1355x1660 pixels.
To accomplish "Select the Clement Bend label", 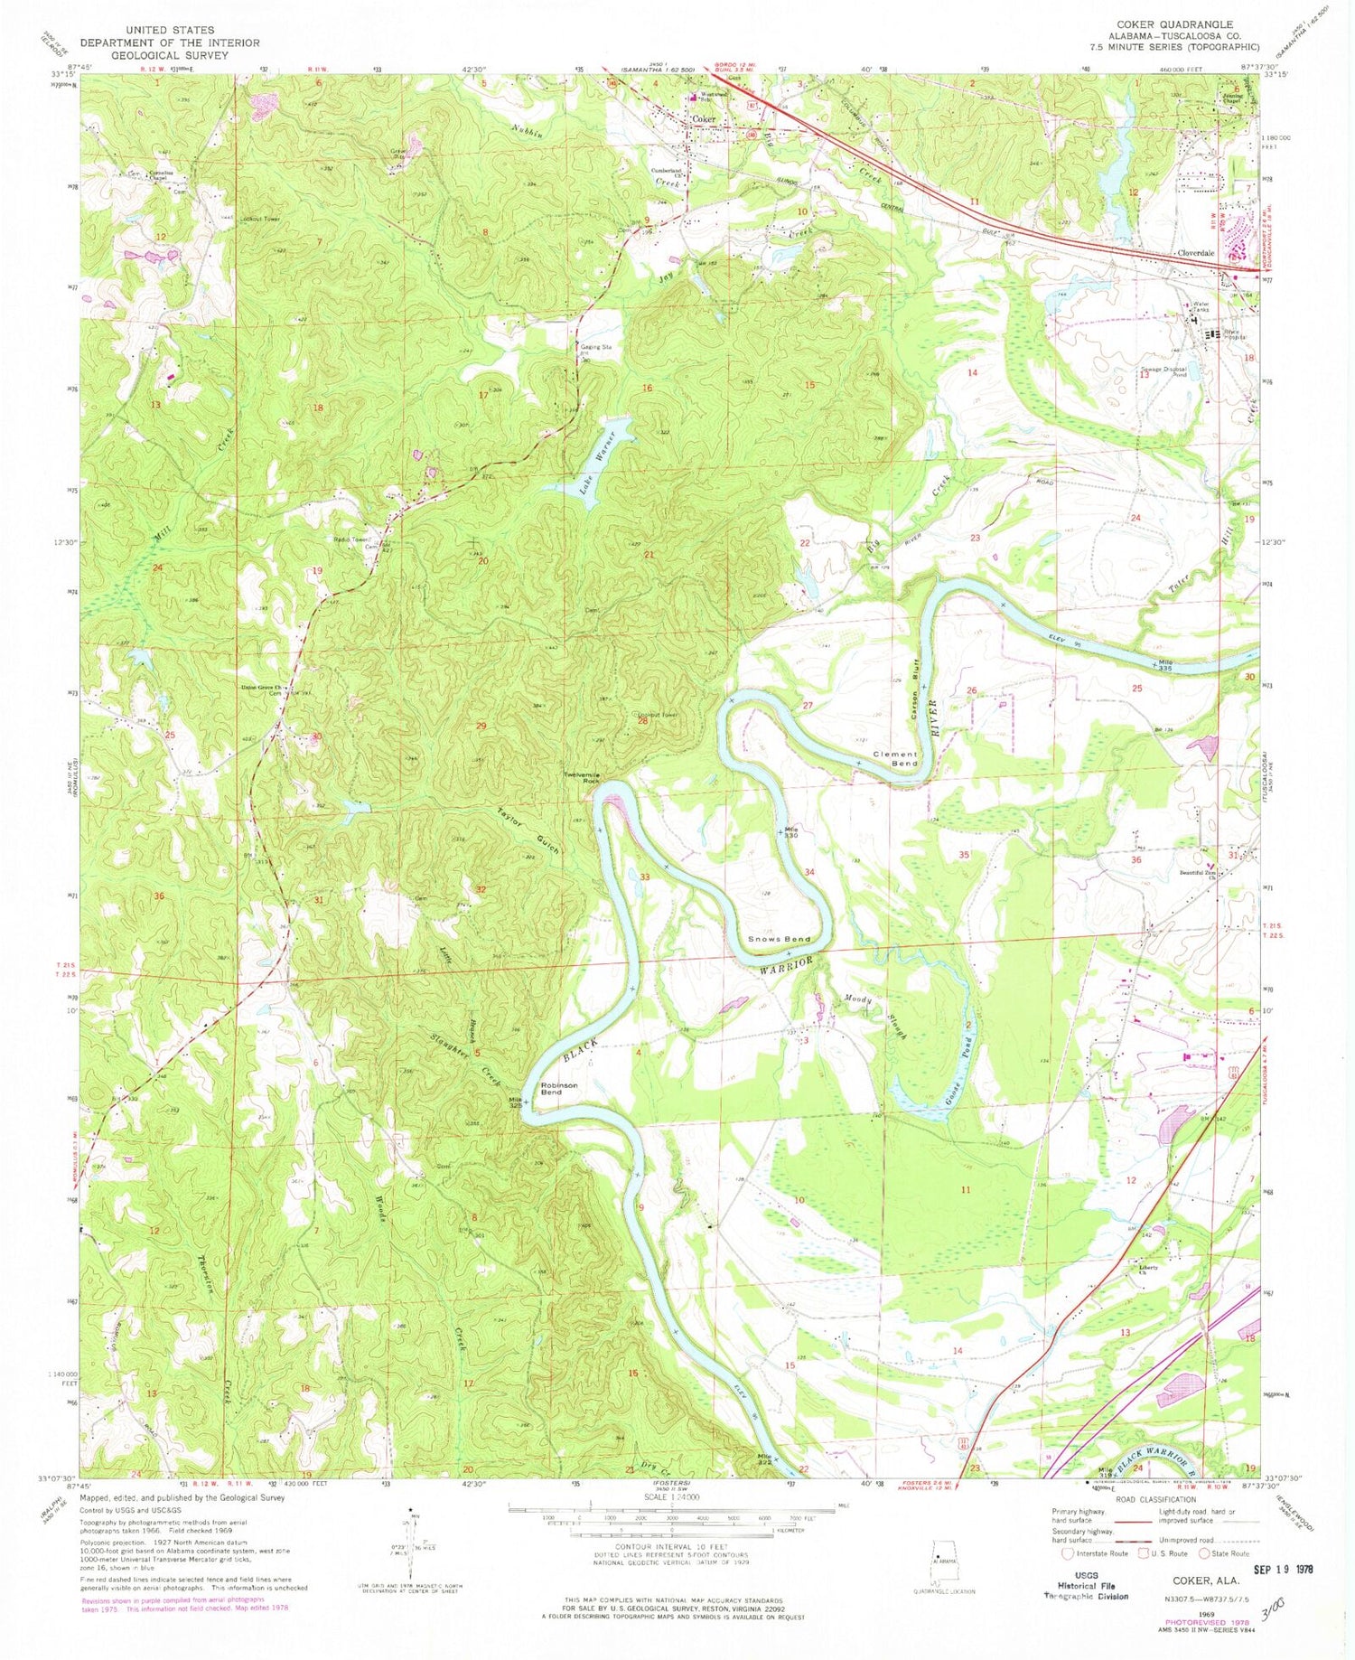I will point(894,758).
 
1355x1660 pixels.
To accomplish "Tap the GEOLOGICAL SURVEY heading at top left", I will point(170,55).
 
